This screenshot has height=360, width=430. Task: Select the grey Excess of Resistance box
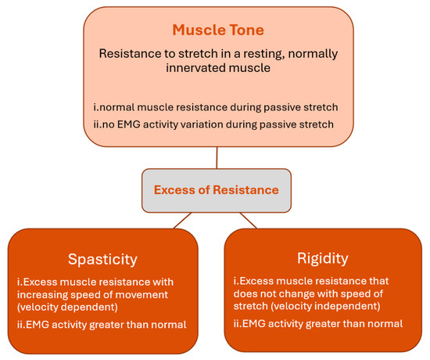(217, 189)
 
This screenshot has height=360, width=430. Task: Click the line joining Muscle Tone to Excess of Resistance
(217, 157)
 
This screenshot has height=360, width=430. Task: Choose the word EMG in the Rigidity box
(257, 323)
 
